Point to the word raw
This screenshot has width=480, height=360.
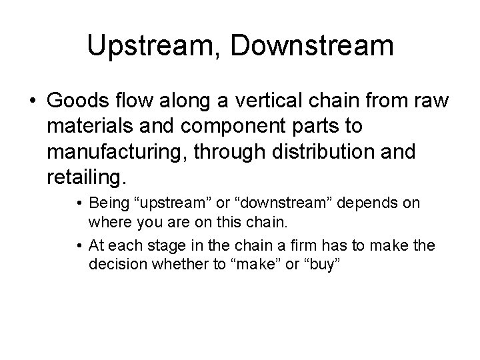pos(433,100)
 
